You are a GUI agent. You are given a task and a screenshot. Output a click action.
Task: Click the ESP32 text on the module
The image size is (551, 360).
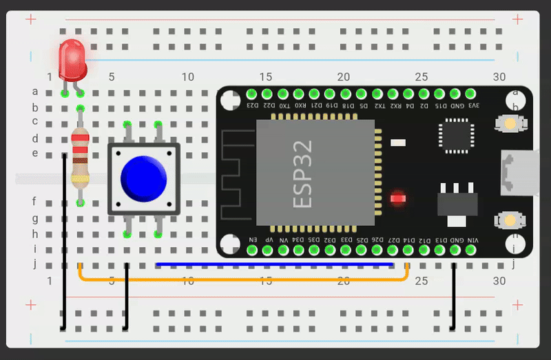click(303, 173)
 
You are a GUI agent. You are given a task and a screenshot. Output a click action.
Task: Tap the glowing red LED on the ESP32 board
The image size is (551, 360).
click(397, 199)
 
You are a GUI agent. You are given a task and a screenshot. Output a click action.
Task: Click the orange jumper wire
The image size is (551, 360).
click(241, 279)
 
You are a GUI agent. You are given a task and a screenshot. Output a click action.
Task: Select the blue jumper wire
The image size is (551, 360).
click(275, 264)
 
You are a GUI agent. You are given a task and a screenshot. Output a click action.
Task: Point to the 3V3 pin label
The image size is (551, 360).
click(473, 105)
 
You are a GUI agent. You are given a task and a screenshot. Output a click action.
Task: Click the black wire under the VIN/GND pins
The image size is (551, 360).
click(453, 296)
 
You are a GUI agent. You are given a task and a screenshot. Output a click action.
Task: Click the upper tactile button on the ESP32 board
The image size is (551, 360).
click(510, 124)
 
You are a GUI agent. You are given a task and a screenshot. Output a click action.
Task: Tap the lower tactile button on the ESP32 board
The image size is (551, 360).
click(510, 220)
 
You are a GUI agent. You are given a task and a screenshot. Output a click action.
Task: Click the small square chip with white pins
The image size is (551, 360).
click(457, 136)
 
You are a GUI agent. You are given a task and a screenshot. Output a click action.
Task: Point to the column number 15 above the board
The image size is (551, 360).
click(265, 77)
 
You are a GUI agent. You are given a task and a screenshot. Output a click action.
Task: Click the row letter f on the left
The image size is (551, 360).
click(34, 202)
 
